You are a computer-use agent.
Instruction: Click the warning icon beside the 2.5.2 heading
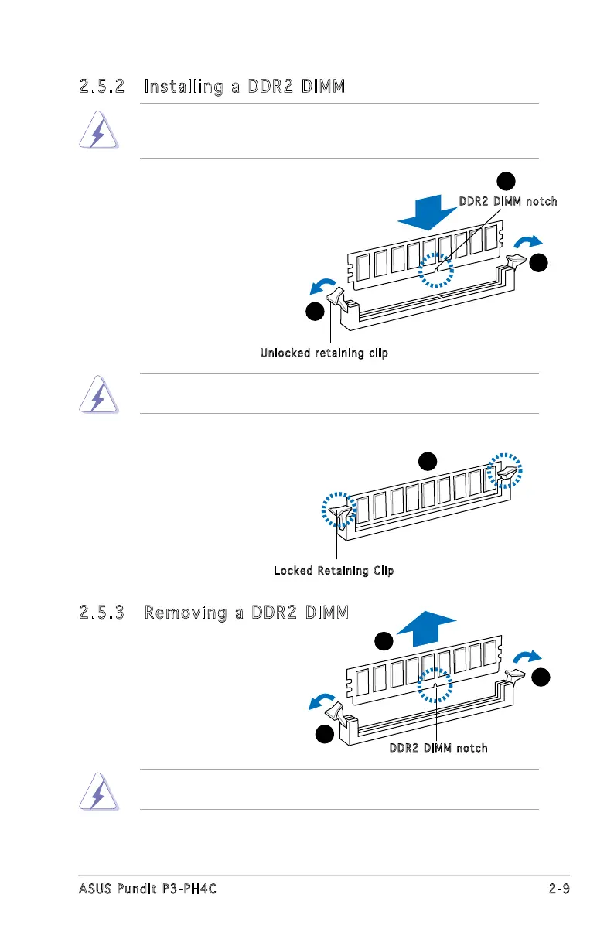point(98,131)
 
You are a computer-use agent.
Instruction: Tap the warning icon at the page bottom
point(98,790)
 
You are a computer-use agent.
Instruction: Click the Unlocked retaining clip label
point(324,353)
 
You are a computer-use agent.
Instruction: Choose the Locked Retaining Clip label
point(333,571)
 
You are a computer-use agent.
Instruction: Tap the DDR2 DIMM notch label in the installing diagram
point(507,202)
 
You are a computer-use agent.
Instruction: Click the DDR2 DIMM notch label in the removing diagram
point(438,748)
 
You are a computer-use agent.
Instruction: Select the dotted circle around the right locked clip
point(507,472)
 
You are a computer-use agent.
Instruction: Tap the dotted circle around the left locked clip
point(339,510)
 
